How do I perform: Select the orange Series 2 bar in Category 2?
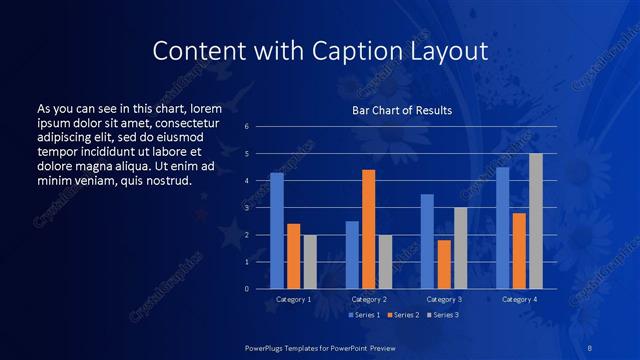[x=369, y=230]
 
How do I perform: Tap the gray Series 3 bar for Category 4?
[x=536, y=222]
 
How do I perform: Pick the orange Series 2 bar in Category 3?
[x=444, y=265]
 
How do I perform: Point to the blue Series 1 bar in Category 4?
[x=502, y=228]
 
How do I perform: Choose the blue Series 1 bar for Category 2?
[x=352, y=255]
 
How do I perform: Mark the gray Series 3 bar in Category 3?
[x=461, y=249]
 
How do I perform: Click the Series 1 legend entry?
[x=363, y=315]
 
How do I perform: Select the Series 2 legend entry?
[x=404, y=315]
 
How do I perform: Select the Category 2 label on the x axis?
[x=369, y=299]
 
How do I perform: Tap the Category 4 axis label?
[x=519, y=299]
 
